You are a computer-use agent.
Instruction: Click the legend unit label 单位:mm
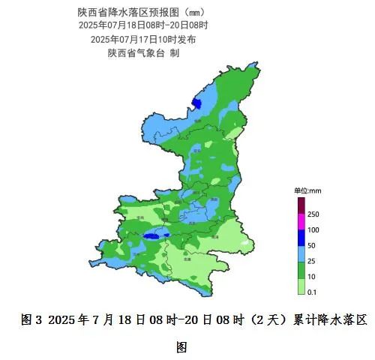pos(307,191)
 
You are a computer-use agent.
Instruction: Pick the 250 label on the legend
pos(314,214)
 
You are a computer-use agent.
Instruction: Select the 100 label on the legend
pos(314,229)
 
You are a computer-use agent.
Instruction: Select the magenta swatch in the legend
pos(301,222)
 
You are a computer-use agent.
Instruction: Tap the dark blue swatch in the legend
pos(301,238)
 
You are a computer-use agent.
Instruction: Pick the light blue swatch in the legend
pos(301,253)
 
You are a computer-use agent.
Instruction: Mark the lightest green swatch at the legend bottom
pos(301,286)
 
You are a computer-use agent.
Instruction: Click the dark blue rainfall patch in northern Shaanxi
pos(198,103)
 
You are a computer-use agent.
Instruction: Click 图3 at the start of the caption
pos(32,319)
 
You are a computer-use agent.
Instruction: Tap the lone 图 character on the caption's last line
pos(181,346)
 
